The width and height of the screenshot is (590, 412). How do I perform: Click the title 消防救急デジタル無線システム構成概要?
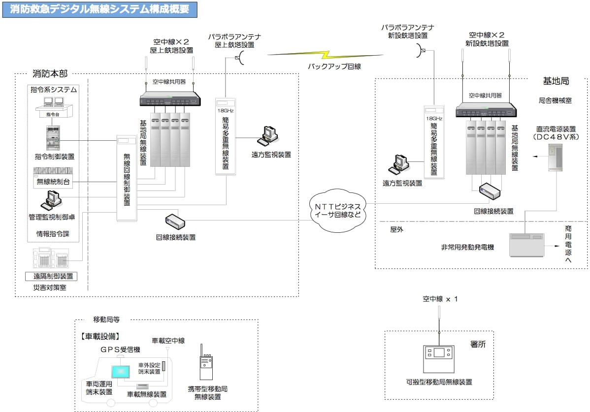99,9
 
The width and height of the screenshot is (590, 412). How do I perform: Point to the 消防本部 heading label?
50,74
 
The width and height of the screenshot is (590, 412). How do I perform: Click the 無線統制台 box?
53,182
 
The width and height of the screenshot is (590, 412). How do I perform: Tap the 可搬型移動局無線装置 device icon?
439,359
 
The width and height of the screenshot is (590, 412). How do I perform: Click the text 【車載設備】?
99,337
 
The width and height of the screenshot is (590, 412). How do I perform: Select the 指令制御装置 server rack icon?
52,138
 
